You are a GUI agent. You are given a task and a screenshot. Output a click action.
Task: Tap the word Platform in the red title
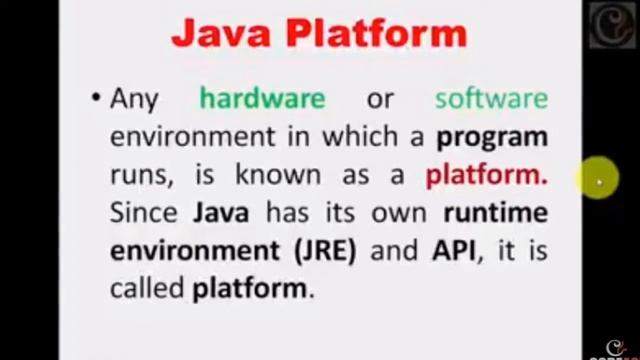[378, 34]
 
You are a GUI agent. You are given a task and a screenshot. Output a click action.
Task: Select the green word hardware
[262, 98]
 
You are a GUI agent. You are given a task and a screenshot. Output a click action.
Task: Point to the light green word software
[491, 98]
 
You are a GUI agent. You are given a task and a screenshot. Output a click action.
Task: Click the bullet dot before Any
[96, 98]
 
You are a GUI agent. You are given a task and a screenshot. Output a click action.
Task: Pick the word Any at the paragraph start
[135, 98]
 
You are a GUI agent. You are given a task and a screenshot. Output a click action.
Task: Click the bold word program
[492, 137]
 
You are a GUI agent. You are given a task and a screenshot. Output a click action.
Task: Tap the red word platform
[486, 175]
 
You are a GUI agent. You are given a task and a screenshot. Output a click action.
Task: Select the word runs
[139, 175]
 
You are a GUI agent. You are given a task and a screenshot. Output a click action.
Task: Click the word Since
[142, 212]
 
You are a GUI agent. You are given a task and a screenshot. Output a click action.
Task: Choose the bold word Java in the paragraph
[220, 212]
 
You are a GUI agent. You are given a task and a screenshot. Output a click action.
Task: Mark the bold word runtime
[495, 212]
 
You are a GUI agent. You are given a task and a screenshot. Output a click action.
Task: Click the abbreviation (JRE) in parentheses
[325, 250]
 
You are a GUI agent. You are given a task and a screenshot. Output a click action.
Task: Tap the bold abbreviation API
[454, 250]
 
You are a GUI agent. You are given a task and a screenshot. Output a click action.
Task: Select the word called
[147, 288]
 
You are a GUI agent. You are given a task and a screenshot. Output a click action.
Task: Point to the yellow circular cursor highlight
[597, 180]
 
